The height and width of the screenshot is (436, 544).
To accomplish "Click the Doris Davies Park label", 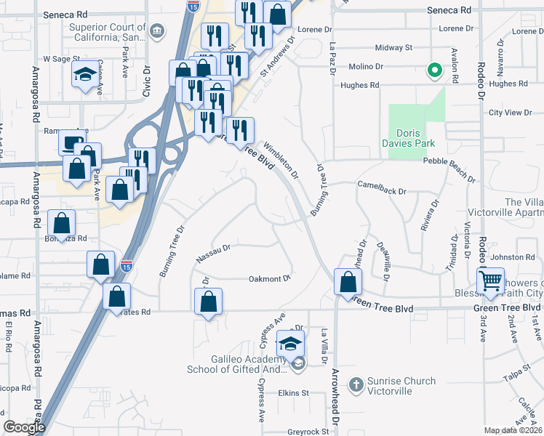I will point(416,138).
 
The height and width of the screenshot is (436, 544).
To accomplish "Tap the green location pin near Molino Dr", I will point(434,70).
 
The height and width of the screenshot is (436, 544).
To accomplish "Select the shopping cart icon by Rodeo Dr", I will point(492,280).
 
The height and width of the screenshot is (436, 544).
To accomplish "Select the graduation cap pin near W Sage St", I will point(85,74).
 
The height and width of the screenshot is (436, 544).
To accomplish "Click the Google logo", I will point(24,427).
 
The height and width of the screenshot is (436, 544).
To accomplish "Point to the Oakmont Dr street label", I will point(270,278).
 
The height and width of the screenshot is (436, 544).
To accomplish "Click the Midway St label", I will point(393,48).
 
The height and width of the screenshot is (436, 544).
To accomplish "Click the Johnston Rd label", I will point(512,257).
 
